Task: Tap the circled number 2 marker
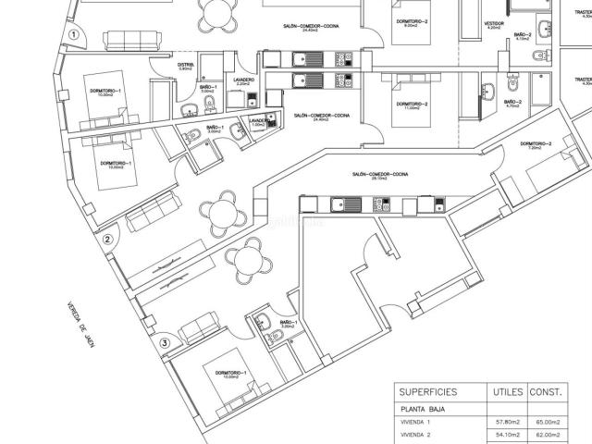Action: point(108,240)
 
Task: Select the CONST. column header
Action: point(547,390)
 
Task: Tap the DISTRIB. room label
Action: point(185,66)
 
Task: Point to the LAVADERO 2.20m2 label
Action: point(244,81)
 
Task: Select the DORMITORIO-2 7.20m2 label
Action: point(536,145)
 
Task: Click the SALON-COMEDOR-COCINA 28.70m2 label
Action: point(380,175)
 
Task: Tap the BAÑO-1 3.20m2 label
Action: point(286,325)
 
